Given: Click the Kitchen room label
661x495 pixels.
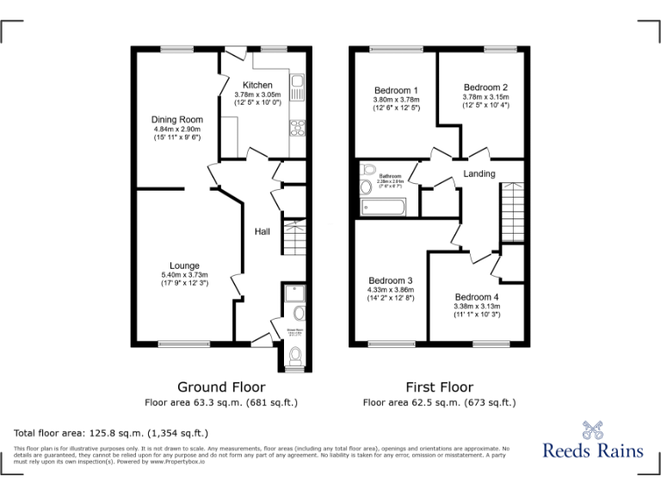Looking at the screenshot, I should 257,85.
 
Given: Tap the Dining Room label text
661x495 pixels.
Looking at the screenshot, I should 177,119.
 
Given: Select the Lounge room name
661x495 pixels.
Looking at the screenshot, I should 184,266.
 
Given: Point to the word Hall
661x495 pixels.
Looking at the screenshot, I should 263,231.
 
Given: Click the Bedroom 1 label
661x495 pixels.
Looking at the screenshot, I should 396,90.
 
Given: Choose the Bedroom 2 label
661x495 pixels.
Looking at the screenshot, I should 485,88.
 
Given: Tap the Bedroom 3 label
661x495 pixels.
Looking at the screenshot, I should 391,281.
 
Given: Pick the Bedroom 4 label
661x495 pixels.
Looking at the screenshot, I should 477,297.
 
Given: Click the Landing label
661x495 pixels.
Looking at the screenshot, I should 479,174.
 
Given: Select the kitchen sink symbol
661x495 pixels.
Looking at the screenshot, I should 297,88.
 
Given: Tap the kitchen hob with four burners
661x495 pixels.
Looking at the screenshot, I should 297,129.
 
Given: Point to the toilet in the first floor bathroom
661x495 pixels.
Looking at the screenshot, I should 368,169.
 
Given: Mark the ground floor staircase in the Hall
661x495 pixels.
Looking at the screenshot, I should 293,236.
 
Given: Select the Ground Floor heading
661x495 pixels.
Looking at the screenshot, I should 221,387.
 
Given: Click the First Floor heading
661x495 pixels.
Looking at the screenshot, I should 439,387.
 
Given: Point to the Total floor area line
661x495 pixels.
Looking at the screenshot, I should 111,432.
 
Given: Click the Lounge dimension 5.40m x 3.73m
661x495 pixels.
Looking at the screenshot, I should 184,275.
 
